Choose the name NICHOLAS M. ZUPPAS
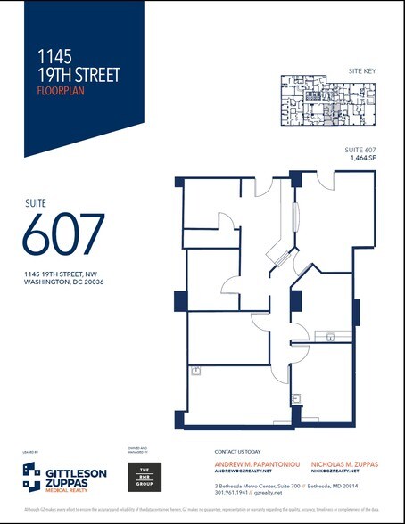click(x=347, y=464)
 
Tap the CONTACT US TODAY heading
click(x=240, y=452)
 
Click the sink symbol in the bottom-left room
click(x=194, y=369)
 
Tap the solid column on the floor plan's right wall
click(x=355, y=312)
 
